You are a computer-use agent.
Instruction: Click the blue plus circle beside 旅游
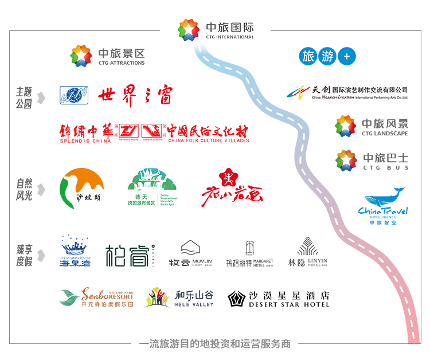coord(347,56)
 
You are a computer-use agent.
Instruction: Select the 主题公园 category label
coord(24,97)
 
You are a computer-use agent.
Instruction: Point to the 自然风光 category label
coord(24,190)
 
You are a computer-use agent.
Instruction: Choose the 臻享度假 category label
coord(24,255)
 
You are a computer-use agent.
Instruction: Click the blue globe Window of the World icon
coord(74,95)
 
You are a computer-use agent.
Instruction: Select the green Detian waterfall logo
coord(152,187)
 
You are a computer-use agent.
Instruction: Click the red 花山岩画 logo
coord(230,185)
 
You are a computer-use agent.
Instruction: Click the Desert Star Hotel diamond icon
coord(236,299)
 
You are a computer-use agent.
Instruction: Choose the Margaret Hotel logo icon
coord(249,248)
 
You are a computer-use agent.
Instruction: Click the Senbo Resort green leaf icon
coord(69,297)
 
